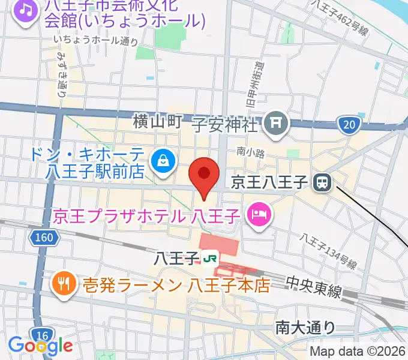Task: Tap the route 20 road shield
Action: coord(349,125)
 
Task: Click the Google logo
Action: coord(40,346)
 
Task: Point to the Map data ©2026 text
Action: coord(358,351)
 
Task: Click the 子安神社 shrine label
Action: coord(225,125)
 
